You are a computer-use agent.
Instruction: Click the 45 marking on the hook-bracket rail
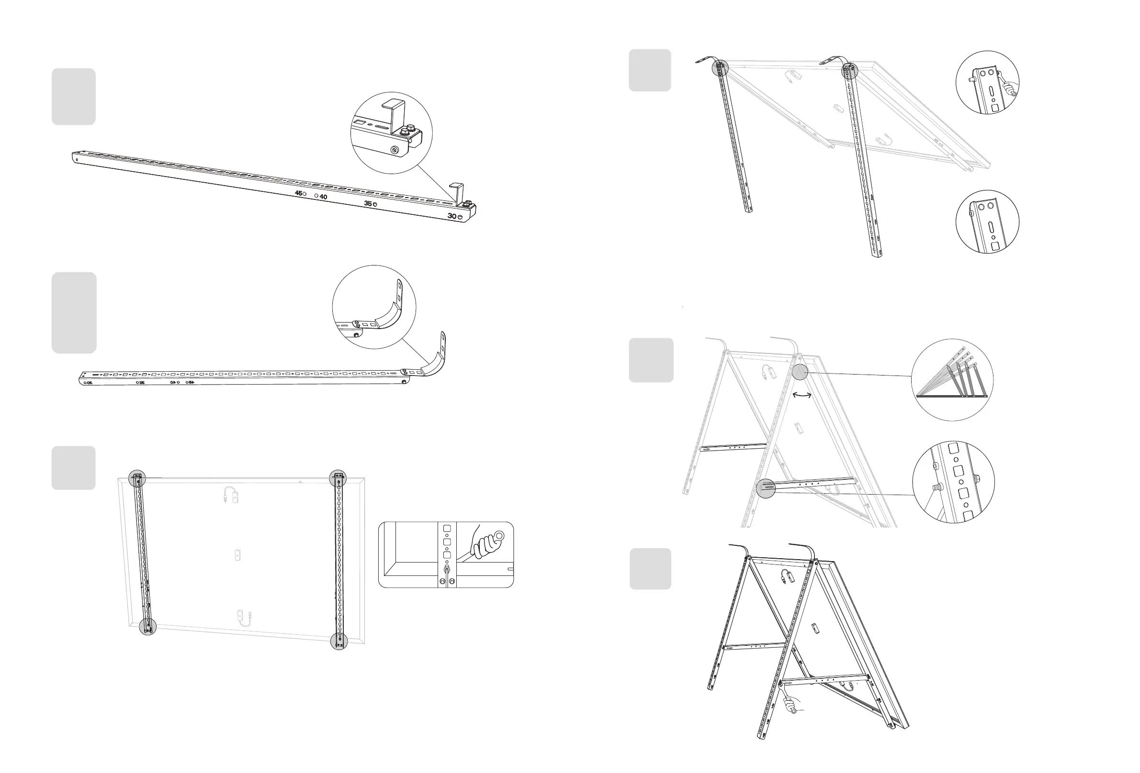tap(298, 193)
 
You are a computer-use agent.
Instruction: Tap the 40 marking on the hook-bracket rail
tap(323, 197)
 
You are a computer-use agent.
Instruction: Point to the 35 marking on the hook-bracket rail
tap(368, 203)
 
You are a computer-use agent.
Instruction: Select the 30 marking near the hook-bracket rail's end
tap(452, 216)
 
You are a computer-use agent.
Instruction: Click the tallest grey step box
tap(74, 312)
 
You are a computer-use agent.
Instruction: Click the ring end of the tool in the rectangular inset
tap(500, 535)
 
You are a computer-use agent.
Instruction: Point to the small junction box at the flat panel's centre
tap(238, 555)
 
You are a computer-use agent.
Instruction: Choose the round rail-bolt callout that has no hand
tap(987, 221)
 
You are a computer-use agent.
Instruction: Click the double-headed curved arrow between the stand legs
tap(802, 395)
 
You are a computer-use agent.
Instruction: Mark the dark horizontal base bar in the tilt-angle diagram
tap(952, 396)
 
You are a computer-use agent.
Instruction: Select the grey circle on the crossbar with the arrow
tap(766, 488)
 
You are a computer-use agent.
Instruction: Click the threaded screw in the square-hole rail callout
tap(937, 488)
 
